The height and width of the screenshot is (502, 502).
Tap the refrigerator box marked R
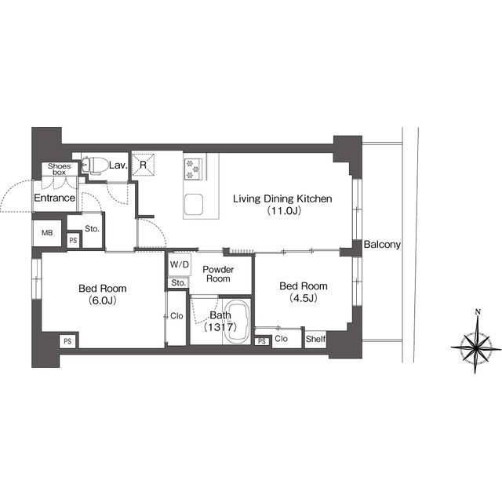[x=143, y=165]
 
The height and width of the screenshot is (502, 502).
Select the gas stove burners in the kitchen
[x=193, y=169]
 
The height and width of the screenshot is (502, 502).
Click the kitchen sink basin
[x=194, y=205]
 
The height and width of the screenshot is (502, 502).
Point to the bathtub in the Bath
[x=237, y=322]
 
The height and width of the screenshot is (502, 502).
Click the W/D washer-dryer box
[x=180, y=264]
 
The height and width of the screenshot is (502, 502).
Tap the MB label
[x=47, y=233]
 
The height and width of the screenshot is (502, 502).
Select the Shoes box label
[x=60, y=169]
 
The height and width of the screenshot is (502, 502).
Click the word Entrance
[x=54, y=198]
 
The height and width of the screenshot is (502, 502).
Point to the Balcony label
[x=382, y=245]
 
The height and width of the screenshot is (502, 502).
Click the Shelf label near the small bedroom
[x=315, y=339]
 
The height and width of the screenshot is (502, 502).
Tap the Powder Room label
[x=218, y=274]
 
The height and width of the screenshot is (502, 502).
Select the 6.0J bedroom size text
[x=103, y=300]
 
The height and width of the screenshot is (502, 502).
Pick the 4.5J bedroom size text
[x=304, y=298]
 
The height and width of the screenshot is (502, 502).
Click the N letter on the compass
[x=478, y=311]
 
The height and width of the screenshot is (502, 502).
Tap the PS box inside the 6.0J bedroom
[x=67, y=342]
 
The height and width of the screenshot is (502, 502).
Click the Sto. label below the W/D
[x=178, y=283]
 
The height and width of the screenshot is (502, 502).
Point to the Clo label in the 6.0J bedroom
[x=176, y=316]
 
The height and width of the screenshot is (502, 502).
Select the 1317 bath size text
[x=220, y=327]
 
